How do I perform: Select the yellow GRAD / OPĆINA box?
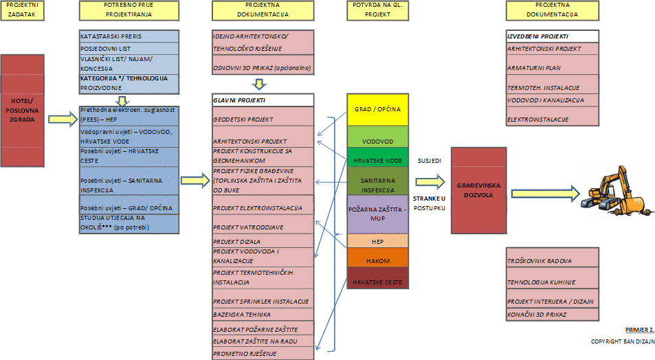click(x=377, y=109)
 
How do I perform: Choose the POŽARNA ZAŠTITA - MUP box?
click(x=377, y=214)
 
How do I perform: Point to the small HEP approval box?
click(x=377, y=240)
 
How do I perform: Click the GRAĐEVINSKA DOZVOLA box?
click(x=479, y=189)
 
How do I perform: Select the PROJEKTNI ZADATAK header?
click(x=25, y=10)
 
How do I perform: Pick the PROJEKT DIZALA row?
click(x=263, y=241)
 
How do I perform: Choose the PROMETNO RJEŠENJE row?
click(x=263, y=353)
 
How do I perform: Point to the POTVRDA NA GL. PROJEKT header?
click(x=377, y=10)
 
